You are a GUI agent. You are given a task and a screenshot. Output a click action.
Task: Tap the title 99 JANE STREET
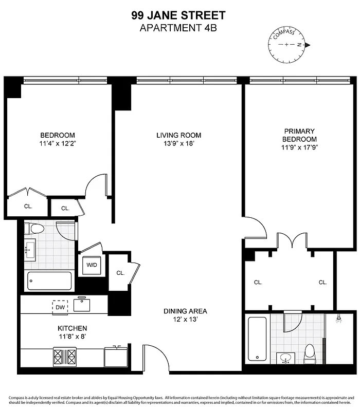tap(178, 16)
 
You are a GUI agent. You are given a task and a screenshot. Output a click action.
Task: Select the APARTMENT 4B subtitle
tap(178, 28)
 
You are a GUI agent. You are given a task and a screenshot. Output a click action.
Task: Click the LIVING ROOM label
tap(178, 135)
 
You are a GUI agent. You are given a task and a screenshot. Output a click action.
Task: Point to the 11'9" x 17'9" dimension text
tap(299, 148)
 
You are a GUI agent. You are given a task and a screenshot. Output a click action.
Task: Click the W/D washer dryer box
tap(92, 265)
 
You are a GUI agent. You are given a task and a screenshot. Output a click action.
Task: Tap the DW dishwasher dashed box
tap(60, 307)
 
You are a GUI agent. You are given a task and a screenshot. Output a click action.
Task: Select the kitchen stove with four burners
tap(64, 355)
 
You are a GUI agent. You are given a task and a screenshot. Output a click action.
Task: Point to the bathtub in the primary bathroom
tap(257, 339)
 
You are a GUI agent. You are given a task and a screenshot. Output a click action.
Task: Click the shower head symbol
tap(339, 319)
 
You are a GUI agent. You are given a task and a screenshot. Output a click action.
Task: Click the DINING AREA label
tap(185, 311)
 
